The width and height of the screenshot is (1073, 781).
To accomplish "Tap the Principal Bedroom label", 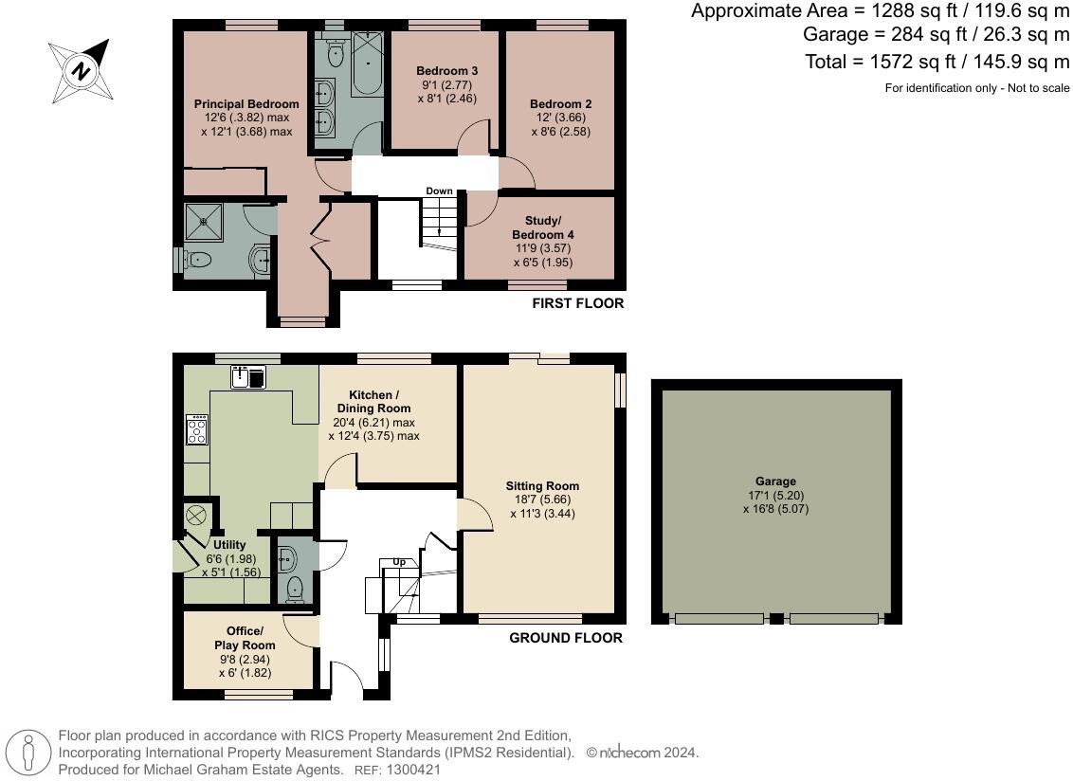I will (246, 103).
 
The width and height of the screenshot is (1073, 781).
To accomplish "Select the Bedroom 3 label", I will (446, 71).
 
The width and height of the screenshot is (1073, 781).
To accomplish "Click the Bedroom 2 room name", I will (560, 104).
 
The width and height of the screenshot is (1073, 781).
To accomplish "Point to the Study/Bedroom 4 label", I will (542, 227).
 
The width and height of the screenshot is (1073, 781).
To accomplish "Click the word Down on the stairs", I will (439, 191).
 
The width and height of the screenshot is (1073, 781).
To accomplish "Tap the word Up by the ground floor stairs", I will (399, 562).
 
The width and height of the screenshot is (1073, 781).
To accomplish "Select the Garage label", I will (775, 481).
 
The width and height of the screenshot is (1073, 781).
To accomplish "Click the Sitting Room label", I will (542, 486).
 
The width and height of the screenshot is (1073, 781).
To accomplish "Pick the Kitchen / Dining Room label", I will (373, 401).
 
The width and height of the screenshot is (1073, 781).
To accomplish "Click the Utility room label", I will (229, 545).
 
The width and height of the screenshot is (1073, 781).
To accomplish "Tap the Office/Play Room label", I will (251, 638).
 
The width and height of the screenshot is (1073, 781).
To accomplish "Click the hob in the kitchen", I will (197, 431).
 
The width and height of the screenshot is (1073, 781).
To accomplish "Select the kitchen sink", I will (248, 378).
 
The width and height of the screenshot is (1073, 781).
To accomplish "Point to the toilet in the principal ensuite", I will (197, 260).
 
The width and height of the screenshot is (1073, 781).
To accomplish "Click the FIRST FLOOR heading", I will (577, 303).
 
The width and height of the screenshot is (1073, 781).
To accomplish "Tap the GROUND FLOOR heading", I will (566, 638).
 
